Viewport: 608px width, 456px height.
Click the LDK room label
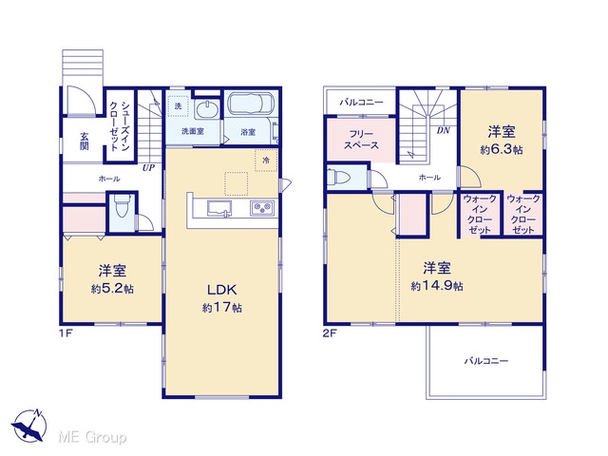coord(221,290)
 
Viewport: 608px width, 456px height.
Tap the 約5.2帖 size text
coord(112,289)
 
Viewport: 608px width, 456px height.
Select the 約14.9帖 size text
coord(437,286)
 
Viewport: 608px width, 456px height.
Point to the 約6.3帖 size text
coord(502,150)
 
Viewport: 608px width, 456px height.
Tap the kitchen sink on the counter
coord(219,208)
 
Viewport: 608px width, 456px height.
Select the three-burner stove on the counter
coord(263,208)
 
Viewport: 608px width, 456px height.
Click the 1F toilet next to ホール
coord(123,209)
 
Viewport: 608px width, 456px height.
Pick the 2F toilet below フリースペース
coord(338,178)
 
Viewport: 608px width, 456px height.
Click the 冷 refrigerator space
coord(266,160)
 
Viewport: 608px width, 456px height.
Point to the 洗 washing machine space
coord(178,105)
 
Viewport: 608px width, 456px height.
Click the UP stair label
coord(148,168)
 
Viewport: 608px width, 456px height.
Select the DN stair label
coord(444,131)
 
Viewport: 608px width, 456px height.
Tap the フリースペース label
coord(361,140)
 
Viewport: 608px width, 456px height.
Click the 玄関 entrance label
coord(85,142)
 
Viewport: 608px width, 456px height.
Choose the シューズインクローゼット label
coord(120,126)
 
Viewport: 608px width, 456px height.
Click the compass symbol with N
coord(28,426)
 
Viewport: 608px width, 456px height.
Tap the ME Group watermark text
coord(92,437)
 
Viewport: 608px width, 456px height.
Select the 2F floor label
coord(330,333)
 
